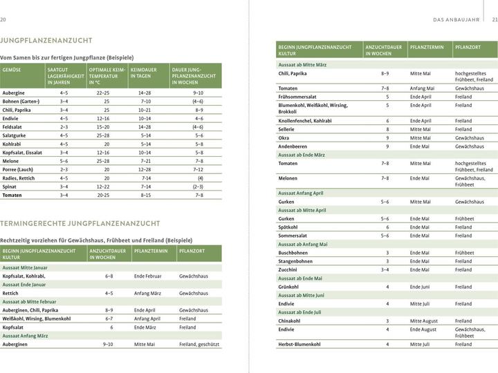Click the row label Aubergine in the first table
coord(14,93)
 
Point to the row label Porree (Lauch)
coord(19,169)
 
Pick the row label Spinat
coord(10,186)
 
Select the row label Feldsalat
coord(13,127)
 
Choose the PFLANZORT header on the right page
coord(468,47)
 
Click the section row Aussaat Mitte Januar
coord(26,267)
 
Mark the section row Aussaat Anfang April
coord(300,193)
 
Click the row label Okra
coord(284,137)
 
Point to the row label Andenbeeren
coord(293,146)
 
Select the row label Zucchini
coord(288,269)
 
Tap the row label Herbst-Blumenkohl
coord(299,344)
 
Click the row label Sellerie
coord(287,129)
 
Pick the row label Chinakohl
coord(289,321)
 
